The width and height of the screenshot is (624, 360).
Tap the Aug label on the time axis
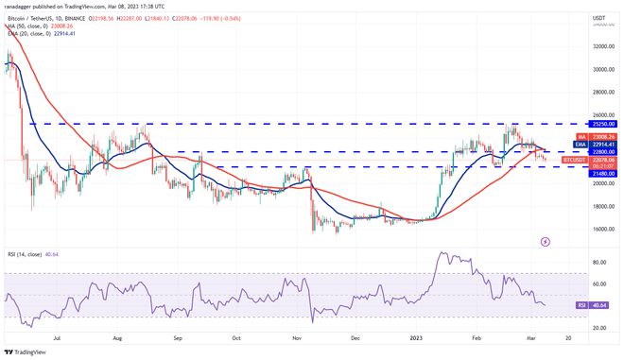(116, 335)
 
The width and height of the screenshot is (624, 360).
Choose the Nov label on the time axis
(297, 335)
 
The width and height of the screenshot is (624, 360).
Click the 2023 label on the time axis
(414, 335)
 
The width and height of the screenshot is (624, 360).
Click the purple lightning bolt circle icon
(545, 241)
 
